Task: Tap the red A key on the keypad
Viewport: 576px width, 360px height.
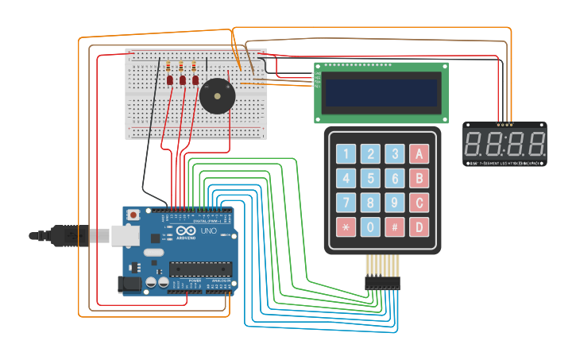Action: pos(420,154)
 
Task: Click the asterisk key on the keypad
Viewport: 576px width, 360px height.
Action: pos(346,227)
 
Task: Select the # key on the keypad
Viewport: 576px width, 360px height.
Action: pos(395,227)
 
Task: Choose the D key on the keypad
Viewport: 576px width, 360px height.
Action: pos(420,227)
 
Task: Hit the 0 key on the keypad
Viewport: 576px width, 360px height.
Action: pos(370,227)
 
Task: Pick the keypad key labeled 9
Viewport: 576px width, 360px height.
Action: pos(395,203)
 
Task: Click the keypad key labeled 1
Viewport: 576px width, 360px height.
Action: pos(346,154)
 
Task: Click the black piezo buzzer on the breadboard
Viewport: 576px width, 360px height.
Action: pos(216,95)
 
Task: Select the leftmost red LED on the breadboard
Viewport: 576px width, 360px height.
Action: pos(170,80)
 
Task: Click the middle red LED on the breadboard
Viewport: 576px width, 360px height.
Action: pos(182,80)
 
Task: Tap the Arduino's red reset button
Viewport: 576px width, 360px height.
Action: pos(133,215)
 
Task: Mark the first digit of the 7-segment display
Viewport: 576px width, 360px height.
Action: pos(476,145)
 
